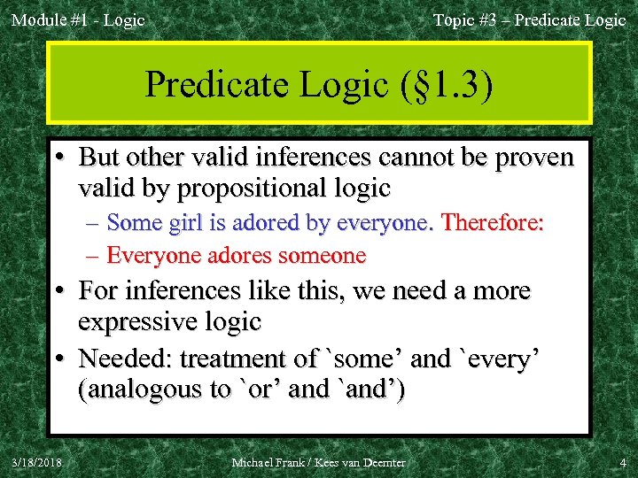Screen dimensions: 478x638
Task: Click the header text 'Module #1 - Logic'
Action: point(78,19)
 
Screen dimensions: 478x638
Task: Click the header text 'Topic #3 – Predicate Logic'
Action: point(529,19)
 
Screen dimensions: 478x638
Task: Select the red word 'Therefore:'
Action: point(492,223)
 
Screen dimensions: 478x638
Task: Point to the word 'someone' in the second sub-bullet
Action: point(320,256)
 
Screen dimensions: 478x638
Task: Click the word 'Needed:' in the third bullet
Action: point(125,358)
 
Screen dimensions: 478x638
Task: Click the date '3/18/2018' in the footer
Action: point(36,462)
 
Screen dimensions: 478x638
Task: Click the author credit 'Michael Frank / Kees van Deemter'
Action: point(318,462)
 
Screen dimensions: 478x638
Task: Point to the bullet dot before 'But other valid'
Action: point(65,158)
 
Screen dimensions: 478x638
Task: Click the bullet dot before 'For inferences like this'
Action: point(65,290)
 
